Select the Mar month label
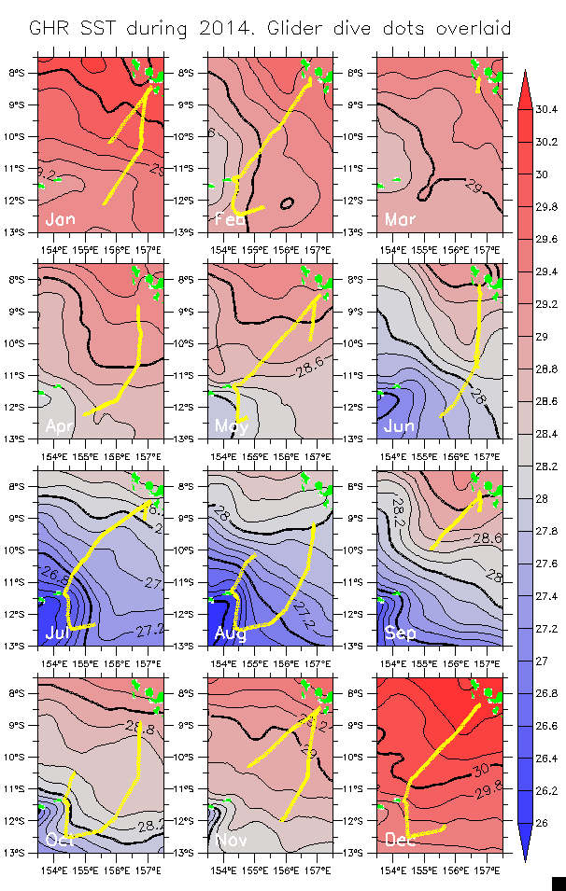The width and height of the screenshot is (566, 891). [x=400, y=220]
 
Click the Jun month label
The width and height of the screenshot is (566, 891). [x=400, y=426]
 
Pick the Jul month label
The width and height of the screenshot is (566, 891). [x=58, y=633]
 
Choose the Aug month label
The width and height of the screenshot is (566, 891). [x=231, y=633]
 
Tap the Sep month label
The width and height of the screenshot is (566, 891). [x=401, y=633]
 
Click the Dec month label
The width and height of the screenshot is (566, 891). [x=401, y=841]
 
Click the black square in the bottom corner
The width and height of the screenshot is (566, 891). [x=559, y=883]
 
